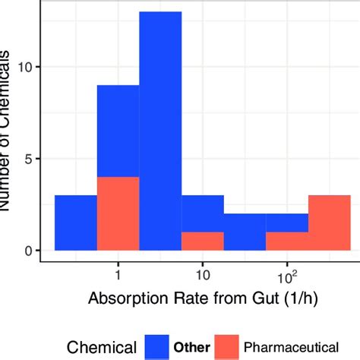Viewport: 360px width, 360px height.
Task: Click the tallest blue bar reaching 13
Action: pos(160,131)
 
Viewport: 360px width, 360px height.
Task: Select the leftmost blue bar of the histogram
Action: pos(76,223)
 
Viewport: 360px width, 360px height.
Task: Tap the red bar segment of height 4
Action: pos(118,213)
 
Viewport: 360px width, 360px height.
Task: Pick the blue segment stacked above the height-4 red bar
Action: pos(118,131)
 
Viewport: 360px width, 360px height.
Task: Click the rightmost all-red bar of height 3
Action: pos(329,223)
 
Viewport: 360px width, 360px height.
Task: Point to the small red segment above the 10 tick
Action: pos(202,242)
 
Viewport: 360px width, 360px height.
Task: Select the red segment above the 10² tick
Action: pos(287,242)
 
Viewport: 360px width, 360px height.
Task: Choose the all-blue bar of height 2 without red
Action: pos(245,232)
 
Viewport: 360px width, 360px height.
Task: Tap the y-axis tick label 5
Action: pos(30,159)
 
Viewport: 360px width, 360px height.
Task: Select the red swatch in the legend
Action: pos(227,347)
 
